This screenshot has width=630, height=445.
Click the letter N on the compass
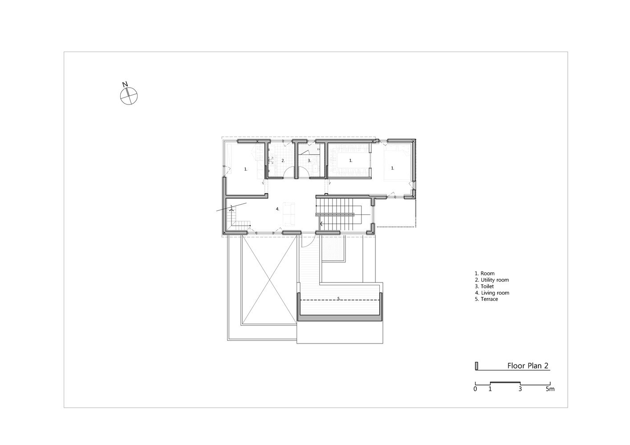pos(125,84)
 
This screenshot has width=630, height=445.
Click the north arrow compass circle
pos(129,96)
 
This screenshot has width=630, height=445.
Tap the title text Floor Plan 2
pos(528,366)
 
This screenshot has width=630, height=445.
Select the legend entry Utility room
pos(492,280)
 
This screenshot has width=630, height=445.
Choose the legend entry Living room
pos(492,293)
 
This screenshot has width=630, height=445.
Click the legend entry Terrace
pos(487,299)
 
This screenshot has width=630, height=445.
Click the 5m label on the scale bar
pos(550,389)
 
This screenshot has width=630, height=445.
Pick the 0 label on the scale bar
pos(476,389)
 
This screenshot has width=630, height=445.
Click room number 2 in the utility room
pos(283,161)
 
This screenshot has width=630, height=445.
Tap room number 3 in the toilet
pos(309,161)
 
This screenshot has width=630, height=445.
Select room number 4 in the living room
pos(277,209)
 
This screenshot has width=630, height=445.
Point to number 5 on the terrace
pos(339,299)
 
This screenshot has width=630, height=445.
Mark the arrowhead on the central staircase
pos(321,224)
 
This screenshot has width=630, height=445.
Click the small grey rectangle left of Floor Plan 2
pos(476,366)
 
